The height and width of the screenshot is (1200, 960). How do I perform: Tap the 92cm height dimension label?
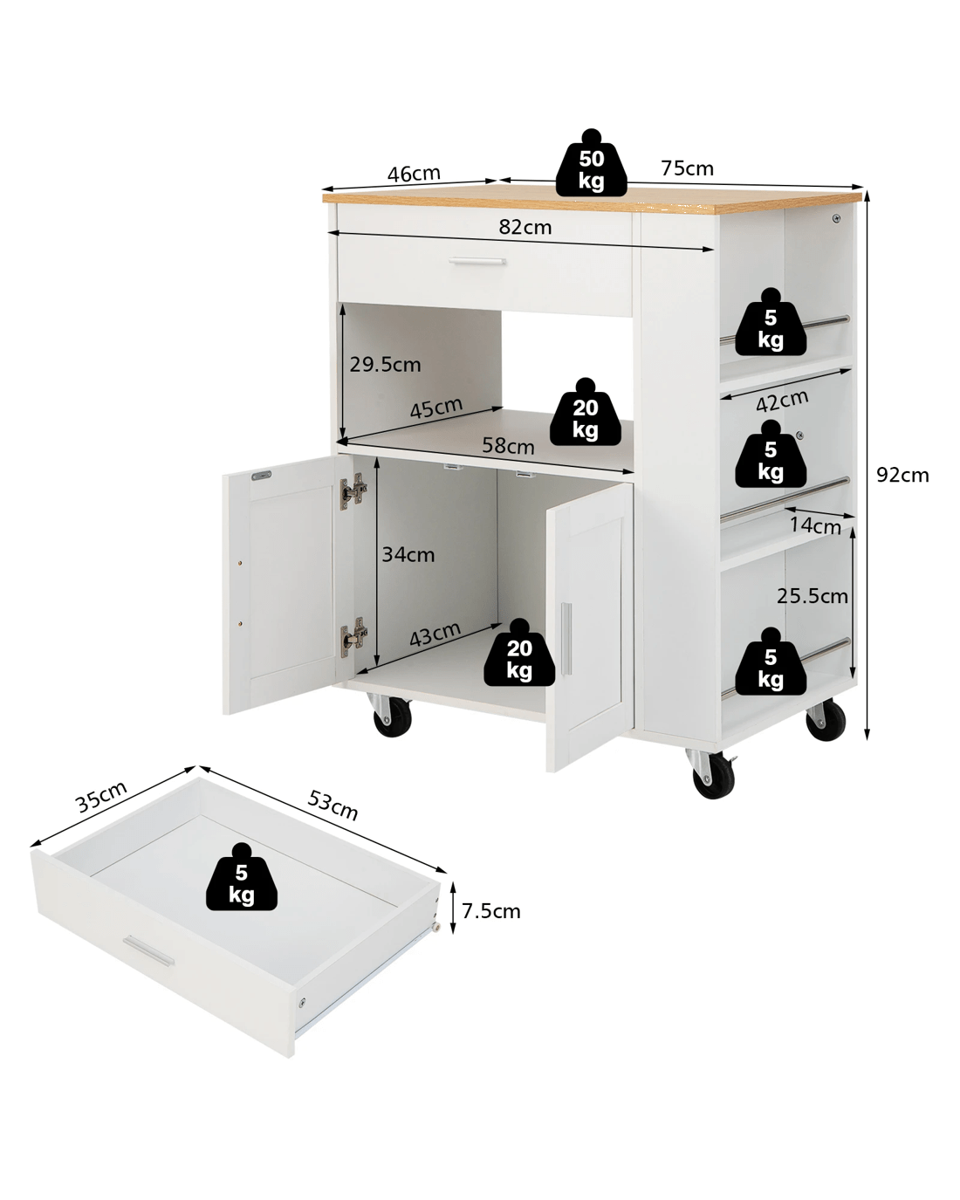pos(902,475)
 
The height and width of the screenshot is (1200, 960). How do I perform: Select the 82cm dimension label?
pos(525,227)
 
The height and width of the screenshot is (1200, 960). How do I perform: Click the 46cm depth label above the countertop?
pos(414,174)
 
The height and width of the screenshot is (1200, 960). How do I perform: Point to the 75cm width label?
pos(687,168)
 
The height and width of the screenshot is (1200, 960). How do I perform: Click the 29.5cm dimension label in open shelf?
pos(385,365)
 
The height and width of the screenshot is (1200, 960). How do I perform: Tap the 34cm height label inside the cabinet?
pos(408,555)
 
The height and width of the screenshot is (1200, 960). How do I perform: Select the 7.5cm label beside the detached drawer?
pos(490,911)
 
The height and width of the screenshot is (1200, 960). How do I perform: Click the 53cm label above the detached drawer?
pos(333,806)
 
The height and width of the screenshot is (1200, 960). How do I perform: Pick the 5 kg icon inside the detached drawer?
pos(242,876)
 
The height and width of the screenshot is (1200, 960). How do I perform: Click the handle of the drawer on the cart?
pos(477,260)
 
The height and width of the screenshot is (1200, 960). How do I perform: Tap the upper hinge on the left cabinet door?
pos(353,490)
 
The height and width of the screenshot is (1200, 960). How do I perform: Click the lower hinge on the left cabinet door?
pos(353,636)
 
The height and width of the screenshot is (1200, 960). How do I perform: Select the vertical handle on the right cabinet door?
pos(566,639)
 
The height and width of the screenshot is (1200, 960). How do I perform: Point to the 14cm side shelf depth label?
pos(815,526)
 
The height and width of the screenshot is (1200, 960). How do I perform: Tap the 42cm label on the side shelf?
pos(782,401)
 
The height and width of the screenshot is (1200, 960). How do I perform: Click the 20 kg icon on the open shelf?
pos(585,412)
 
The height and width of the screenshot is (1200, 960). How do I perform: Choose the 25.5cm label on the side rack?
pos(813,596)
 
